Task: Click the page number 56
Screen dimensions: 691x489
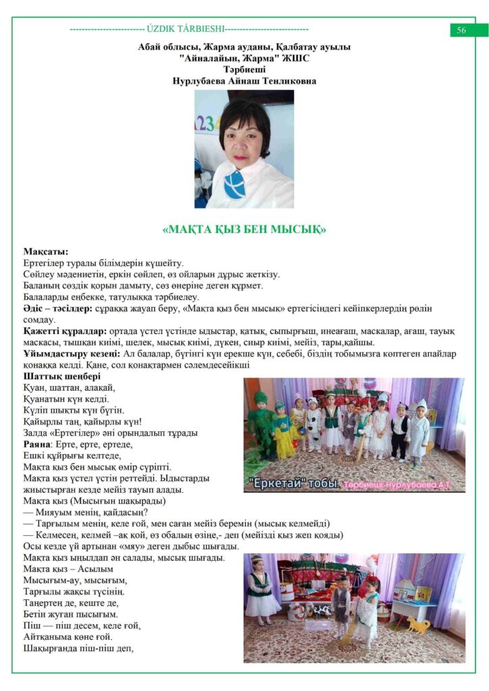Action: coord(461,30)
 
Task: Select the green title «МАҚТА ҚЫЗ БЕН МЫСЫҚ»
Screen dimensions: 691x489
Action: coord(244,229)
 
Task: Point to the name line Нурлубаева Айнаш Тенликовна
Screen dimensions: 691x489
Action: coord(244,81)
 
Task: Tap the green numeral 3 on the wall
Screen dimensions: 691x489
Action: coord(209,122)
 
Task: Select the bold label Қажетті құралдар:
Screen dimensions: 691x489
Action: coord(64,331)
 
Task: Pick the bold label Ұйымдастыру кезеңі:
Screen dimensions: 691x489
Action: coord(72,354)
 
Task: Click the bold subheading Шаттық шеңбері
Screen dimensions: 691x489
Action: coord(61,376)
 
